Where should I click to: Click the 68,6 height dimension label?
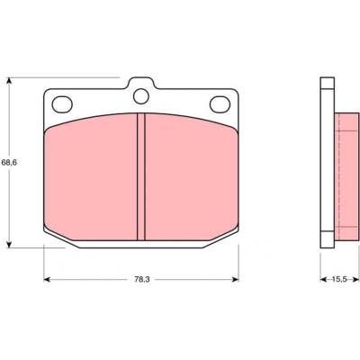coord(9,162)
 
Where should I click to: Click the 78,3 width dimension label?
coord(141,279)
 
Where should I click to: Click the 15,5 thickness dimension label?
coord(339,279)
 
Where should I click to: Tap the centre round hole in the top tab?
coord(141,96)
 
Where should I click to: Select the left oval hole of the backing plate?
coord(62,104)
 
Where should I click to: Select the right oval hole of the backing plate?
coord(220,104)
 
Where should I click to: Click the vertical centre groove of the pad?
coord(141,176)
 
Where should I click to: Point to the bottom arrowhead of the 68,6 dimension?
coord(10,244)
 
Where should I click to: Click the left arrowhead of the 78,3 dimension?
coord(48,279)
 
